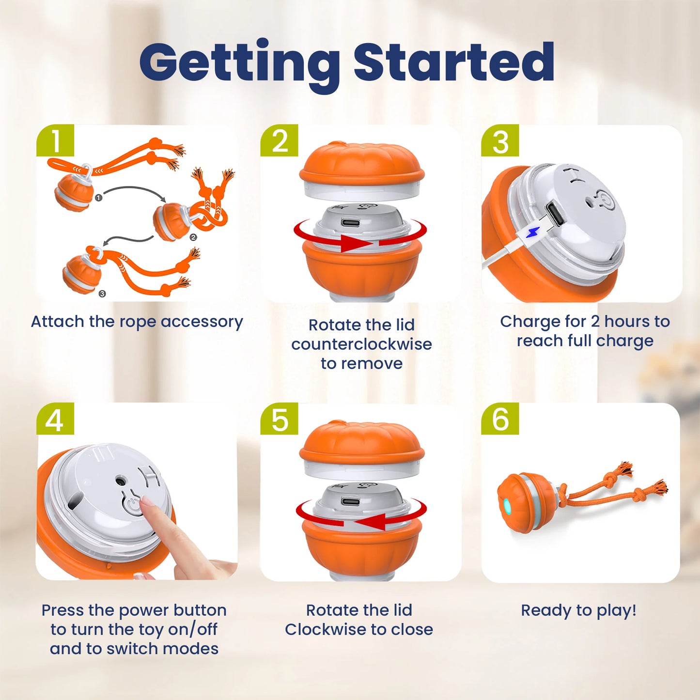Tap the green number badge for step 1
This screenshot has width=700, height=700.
[55, 140]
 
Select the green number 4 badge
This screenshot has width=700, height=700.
[55, 419]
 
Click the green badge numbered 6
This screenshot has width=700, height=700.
[500, 419]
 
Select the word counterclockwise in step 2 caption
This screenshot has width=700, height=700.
[361, 344]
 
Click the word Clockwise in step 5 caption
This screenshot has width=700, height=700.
[320, 629]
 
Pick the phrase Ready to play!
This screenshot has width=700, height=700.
[578, 610]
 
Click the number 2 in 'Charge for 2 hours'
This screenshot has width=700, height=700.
[595, 322]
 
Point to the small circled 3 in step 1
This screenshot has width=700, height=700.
[102, 294]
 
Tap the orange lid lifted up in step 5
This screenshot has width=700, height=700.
[361, 444]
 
